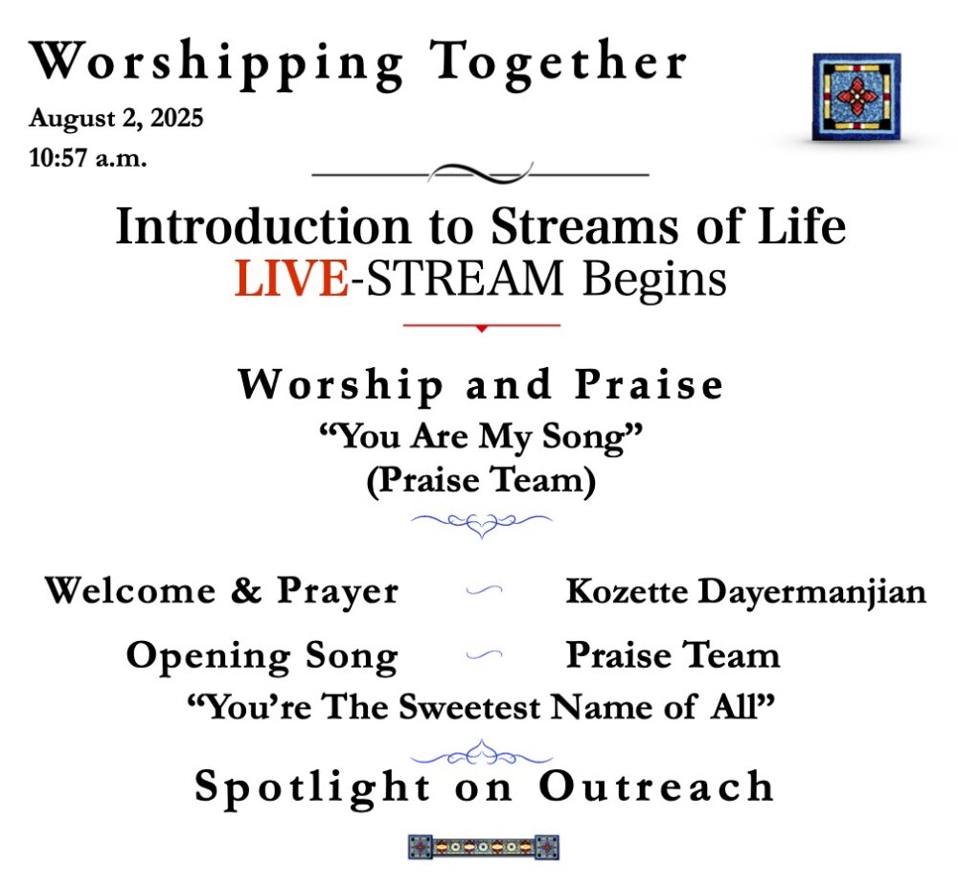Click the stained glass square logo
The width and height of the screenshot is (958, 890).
coord(855,97)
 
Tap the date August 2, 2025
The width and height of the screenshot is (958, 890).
coord(116,118)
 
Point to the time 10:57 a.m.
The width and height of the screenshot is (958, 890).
coord(88,158)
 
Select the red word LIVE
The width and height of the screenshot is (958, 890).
coord(292,279)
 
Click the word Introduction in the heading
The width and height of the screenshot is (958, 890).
coord(262,226)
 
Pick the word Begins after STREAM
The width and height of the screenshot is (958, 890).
coord(654,281)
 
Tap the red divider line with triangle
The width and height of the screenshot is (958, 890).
coord(482,327)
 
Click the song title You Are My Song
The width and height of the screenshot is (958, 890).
coord(481,438)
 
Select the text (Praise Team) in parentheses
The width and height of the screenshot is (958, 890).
coord(481,481)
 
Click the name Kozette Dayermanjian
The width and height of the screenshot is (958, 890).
coord(746,592)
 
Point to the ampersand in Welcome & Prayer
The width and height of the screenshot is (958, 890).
coord(246,590)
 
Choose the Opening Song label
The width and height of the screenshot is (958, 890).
coord(262,656)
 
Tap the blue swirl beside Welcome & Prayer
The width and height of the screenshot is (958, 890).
coord(484,589)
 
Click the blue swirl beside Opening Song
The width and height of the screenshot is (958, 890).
coord(484,655)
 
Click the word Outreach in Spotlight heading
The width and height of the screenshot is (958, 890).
coord(656,786)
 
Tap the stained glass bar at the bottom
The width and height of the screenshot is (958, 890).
coord(483,847)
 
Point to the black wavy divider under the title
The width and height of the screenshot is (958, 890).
coord(480,174)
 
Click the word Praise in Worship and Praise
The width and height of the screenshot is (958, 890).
coord(649,385)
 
